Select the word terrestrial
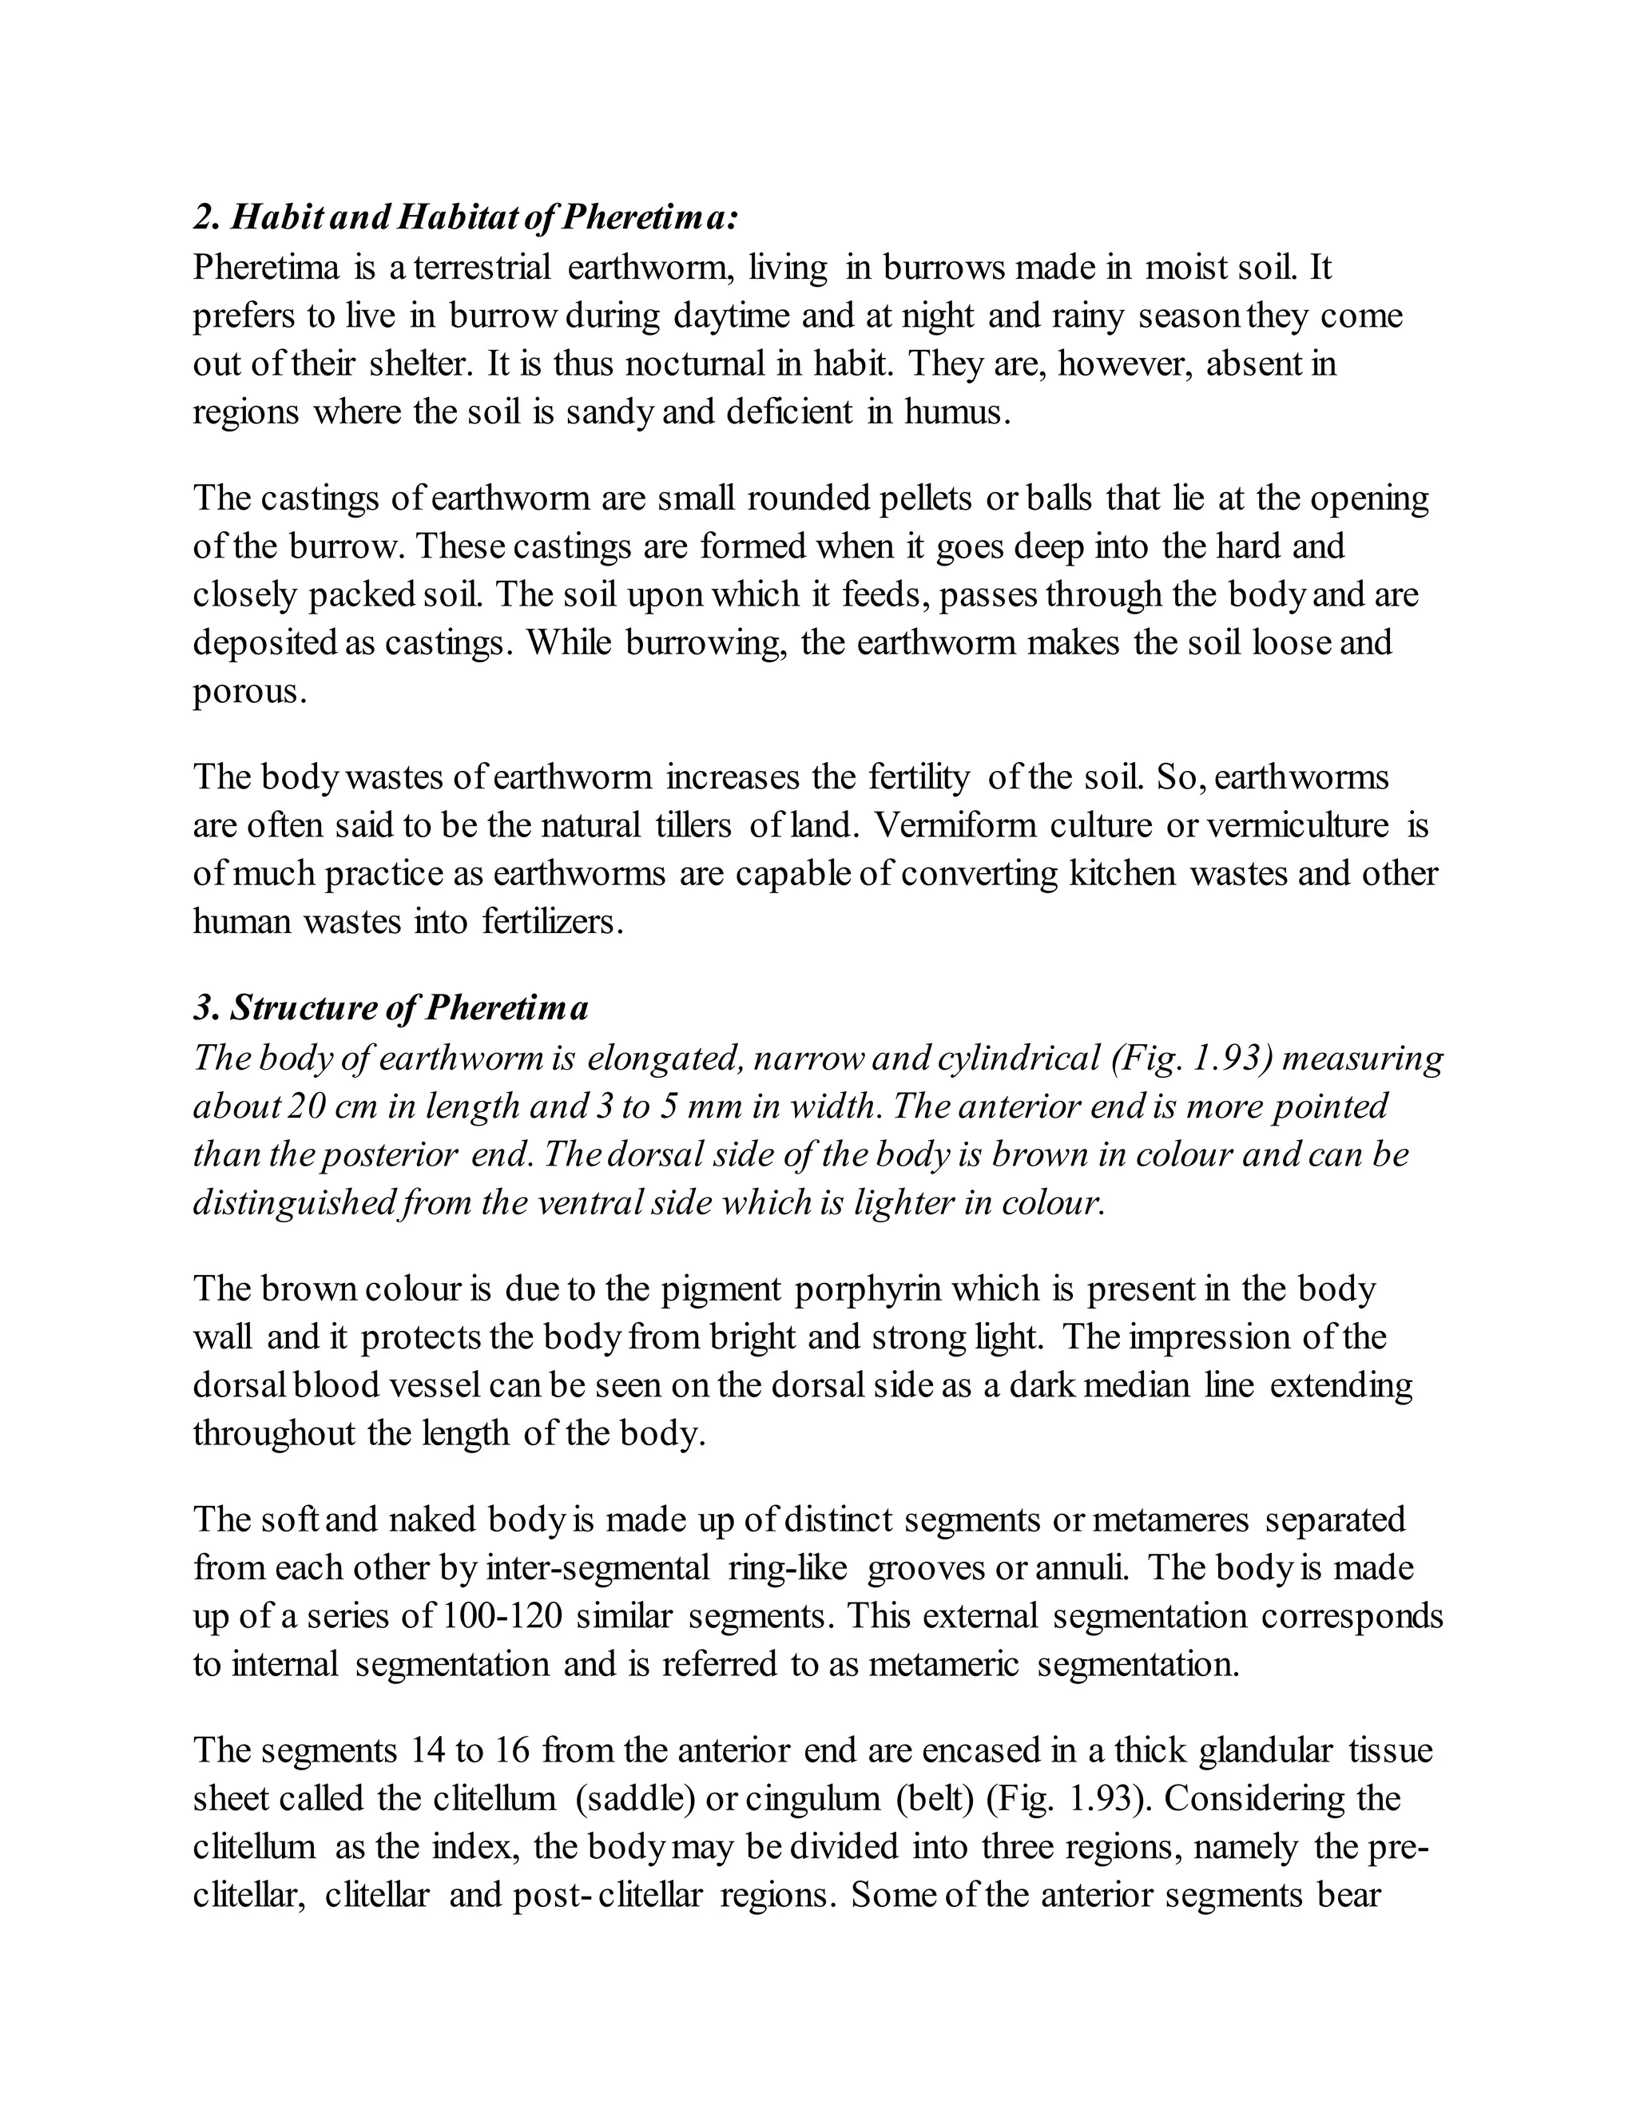tap(482, 267)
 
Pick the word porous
tap(248, 691)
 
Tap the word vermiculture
tap(1298, 825)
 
